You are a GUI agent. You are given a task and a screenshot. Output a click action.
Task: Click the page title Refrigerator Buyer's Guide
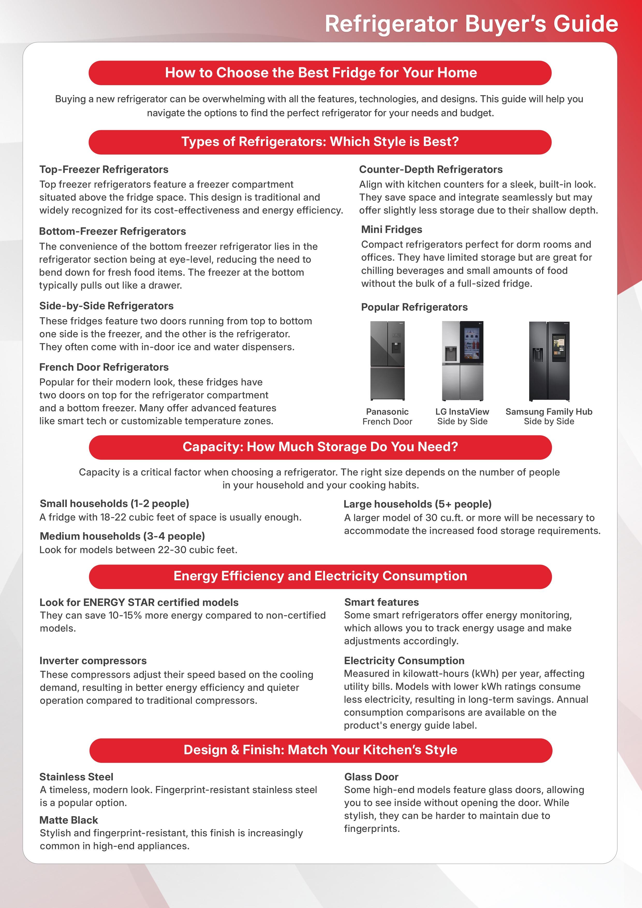(x=471, y=24)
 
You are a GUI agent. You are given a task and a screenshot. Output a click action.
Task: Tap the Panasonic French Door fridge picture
(x=387, y=361)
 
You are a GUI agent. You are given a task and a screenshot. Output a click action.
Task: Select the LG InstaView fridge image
(x=462, y=361)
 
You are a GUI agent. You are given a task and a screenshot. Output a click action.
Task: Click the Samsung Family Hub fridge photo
(x=549, y=361)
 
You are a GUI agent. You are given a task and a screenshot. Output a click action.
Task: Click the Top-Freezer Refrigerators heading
(x=104, y=169)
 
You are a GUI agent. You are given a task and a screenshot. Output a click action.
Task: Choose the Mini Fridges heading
(x=391, y=229)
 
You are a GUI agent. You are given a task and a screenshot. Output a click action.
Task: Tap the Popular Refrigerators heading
(x=414, y=307)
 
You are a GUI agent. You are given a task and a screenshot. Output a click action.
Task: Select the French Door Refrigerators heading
(x=104, y=367)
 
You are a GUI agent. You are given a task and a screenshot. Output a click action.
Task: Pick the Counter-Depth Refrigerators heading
(x=431, y=169)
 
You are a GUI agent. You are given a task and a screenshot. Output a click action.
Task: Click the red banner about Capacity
(x=320, y=447)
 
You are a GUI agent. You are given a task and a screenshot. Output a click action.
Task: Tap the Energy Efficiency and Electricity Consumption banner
(x=320, y=576)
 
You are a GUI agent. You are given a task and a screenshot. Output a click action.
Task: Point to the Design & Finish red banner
(x=320, y=750)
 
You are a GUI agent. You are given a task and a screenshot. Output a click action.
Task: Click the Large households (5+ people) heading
(x=417, y=504)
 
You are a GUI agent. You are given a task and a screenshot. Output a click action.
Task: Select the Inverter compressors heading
(x=93, y=661)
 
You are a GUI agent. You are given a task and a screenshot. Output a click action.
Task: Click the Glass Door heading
(x=371, y=777)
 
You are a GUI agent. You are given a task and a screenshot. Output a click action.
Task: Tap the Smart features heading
(x=381, y=602)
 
